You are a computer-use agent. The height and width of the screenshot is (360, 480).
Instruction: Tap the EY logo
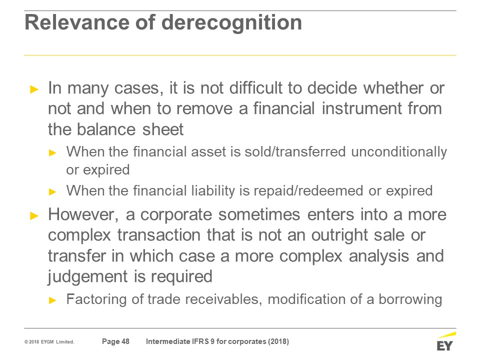[x=445, y=341]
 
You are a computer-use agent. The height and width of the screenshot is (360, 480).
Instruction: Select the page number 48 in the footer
[x=125, y=341]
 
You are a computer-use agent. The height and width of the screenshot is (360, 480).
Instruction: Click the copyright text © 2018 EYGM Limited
[x=49, y=342]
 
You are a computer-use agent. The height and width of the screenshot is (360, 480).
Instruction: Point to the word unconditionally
[x=399, y=152]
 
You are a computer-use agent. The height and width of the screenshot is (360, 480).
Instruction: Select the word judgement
[x=87, y=276]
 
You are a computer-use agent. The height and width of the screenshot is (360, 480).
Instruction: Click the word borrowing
[x=410, y=299]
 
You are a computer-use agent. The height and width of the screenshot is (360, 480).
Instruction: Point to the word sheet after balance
[x=163, y=129]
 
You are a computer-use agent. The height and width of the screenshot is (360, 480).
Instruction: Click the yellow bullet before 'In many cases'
[x=34, y=89]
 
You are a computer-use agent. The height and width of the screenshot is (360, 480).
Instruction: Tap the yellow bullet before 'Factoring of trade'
[x=52, y=300]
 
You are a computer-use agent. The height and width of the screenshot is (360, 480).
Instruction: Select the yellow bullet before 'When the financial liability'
[x=52, y=192]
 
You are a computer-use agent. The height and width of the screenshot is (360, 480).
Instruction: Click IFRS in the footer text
[x=200, y=341]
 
